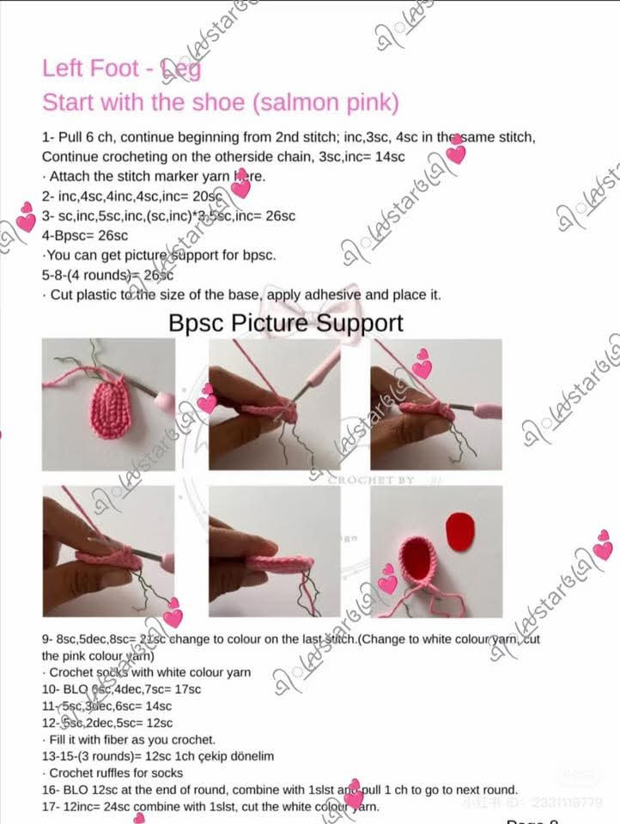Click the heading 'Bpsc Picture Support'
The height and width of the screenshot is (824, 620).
tap(285, 323)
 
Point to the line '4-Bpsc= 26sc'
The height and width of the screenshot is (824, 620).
tap(85, 235)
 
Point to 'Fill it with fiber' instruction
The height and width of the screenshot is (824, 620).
tap(129, 739)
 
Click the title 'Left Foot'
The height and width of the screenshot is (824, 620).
tap(93, 68)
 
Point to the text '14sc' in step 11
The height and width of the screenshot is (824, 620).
tap(155, 706)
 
